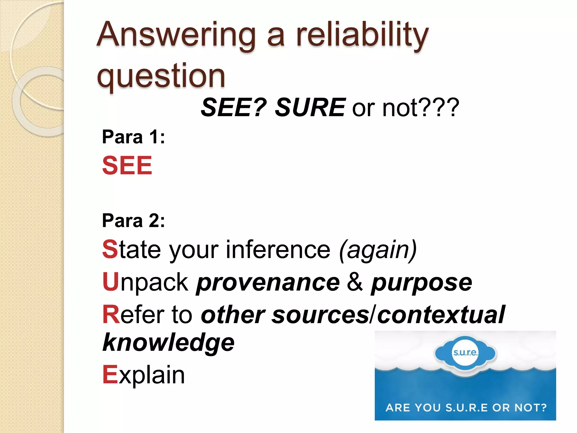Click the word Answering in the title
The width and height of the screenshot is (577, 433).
coord(176,35)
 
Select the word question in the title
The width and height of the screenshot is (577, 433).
coord(161,76)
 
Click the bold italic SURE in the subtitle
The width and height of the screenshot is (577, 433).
coord(310,107)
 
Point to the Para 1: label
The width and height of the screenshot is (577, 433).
coord(133,137)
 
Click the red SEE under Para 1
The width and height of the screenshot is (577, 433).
coord(127,165)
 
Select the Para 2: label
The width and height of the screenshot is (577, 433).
coord(133,220)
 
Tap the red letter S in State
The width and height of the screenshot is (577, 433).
coord(110,249)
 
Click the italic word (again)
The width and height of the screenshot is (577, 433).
coord(378,249)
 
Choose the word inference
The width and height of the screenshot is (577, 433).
coord(278,249)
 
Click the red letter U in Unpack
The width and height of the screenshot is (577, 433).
coord(110,282)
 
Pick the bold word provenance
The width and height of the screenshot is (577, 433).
coord(268,283)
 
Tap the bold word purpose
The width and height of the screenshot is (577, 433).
coord(421,283)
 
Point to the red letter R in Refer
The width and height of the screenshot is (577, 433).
coord(111,315)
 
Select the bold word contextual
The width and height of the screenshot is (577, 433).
coord(441,315)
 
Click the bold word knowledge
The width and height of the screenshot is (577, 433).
coord(168,343)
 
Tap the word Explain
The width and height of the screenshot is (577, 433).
coord(144,375)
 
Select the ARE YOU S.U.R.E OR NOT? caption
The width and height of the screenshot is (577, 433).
coord(466,408)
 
